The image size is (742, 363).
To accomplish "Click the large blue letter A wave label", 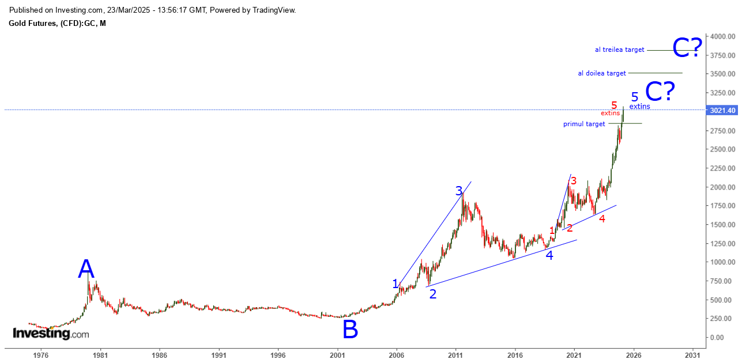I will pos(86,269).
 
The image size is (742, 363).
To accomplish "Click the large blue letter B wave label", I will pos(350,330).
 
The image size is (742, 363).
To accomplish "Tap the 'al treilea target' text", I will pos(619,50).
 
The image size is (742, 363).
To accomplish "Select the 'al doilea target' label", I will pos(602,73).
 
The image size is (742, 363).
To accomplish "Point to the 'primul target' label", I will pos(584,124).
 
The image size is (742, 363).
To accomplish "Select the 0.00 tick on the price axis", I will pos(725,337).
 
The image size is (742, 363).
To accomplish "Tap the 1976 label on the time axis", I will pos(40,356).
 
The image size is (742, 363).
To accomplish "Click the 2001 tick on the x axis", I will pos(337,356).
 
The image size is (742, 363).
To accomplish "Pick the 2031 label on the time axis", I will pos(694,356).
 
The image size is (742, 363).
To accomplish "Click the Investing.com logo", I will pos(51,334).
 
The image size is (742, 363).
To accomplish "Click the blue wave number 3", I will pos(459,191).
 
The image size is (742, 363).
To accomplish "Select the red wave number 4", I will pos(602,218).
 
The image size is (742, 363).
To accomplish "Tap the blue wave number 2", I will pos(432,294).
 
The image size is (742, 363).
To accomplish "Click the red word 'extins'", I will pos(610,113).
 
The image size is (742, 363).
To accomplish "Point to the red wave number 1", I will pos(552,231).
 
